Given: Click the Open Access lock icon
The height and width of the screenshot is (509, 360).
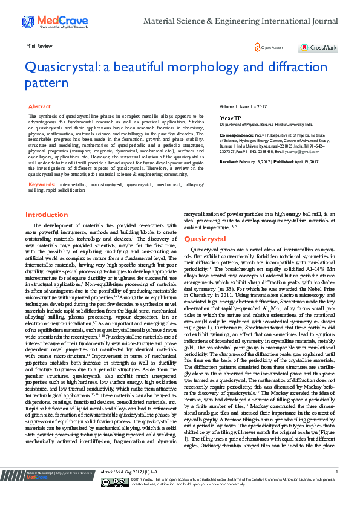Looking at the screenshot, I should [x=257, y=47].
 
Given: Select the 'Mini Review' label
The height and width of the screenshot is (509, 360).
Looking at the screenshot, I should [x=37, y=46].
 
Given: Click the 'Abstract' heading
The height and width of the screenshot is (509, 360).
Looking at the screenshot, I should [x=40, y=106].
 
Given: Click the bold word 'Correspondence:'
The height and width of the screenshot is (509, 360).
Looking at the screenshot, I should [x=234, y=135].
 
